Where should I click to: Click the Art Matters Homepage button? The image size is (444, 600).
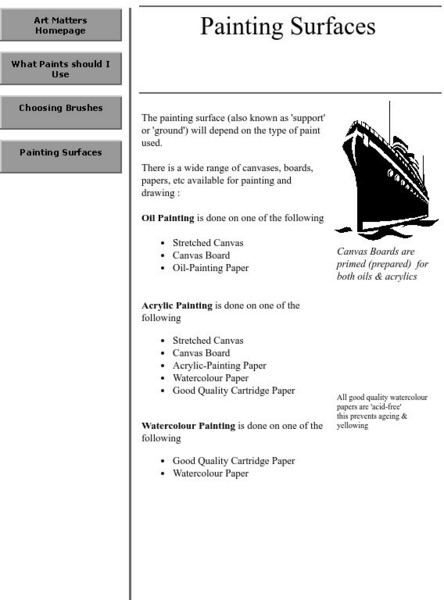coord(61,25)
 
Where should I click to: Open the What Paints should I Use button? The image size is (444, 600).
coord(61,68)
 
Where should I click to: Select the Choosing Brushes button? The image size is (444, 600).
coord(61,109)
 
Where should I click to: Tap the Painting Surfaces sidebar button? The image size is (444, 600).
coord(61,153)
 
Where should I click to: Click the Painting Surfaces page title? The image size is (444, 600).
coord(287,27)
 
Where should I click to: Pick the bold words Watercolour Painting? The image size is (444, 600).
coord(189,425)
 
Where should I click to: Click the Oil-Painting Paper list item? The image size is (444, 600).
coord(210,268)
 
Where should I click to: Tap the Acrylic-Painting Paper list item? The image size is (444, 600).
coord(219,366)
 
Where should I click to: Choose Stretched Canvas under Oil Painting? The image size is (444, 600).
coord(207,243)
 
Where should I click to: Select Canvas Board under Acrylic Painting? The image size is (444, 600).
coord(201,353)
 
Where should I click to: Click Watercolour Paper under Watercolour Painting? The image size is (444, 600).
coord(210,473)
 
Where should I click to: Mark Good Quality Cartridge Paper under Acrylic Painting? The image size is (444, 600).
coord(233,390)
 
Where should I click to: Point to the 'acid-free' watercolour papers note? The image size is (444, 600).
coord(372,411)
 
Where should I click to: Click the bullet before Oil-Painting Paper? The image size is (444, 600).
coord(163,268)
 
